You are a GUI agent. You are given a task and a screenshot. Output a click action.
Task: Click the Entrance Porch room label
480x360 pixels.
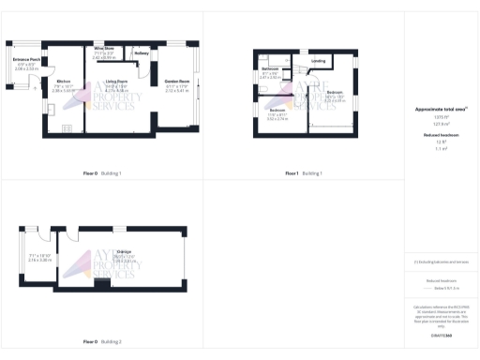[26, 59]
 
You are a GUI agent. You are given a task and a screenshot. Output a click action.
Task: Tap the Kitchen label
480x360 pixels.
[63, 82]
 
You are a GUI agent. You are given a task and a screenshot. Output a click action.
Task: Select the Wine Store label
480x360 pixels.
[104, 47]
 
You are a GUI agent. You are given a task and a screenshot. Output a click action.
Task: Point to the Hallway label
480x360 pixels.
[142, 53]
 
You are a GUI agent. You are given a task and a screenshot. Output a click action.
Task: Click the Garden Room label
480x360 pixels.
[177, 82]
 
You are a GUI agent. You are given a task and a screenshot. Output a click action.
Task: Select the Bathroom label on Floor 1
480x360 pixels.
[270, 69]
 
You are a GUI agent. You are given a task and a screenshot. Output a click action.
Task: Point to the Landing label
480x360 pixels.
[318, 61]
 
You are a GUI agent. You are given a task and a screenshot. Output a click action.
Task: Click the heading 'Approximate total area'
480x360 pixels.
[440, 110]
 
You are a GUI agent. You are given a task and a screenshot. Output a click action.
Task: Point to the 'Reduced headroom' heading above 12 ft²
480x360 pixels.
[440, 135]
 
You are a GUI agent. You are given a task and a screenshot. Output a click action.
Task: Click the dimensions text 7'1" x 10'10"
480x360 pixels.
[38, 256]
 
